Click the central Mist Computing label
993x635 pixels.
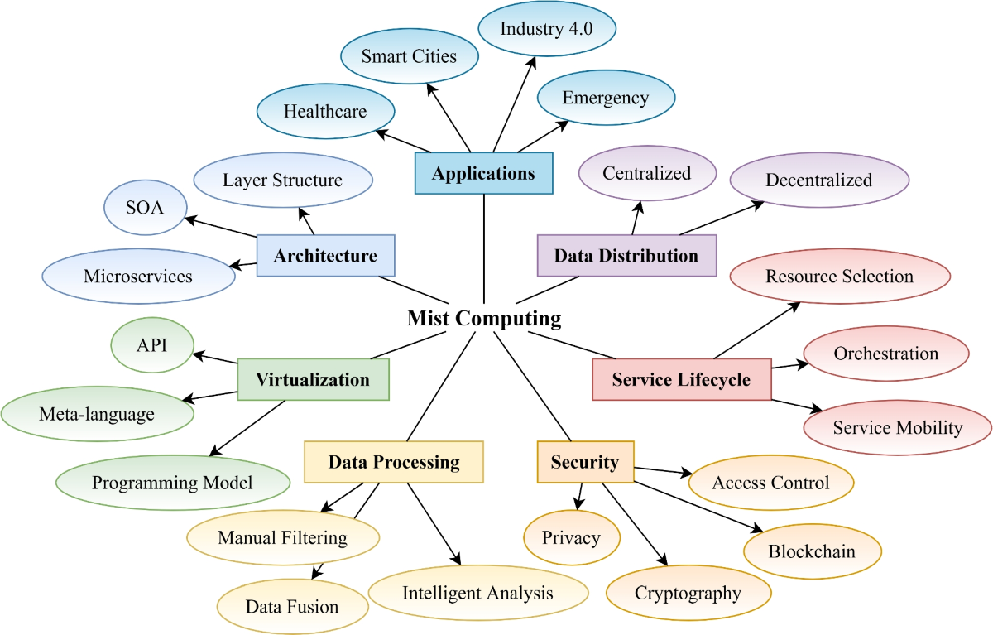click(483, 319)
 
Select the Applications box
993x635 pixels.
click(483, 174)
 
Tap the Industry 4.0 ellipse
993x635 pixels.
click(547, 29)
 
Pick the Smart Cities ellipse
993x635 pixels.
click(409, 56)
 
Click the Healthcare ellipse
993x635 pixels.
click(324, 111)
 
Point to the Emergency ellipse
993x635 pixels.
click(605, 98)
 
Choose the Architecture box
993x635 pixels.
click(325, 256)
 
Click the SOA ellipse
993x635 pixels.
click(145, 207)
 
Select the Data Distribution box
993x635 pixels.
click(626, 256)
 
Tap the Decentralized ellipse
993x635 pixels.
click(818, 180)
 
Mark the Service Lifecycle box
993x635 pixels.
click(681, 380)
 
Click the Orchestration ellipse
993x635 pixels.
click(885, 354)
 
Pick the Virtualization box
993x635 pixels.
click(312, 380)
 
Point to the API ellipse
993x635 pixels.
click(151, 344)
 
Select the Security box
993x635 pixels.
click(584, 462)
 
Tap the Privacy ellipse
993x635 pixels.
click(571, 538)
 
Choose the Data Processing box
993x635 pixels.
click(394, 462)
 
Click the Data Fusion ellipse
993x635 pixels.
click(292, 607)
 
